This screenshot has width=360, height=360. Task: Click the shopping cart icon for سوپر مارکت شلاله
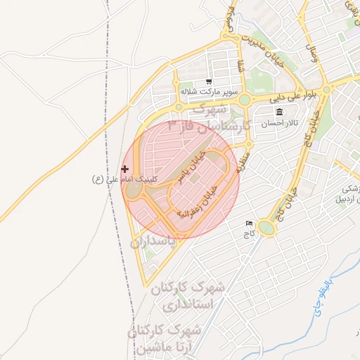pyautogui.click(x=209, y=82)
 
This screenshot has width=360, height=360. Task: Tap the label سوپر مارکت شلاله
pyautogui.click(x=209, y=92)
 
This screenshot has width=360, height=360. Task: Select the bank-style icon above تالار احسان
pyautogui.click(x=280, y=112)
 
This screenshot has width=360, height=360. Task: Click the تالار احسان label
pyautogui.click(x=280, y=123)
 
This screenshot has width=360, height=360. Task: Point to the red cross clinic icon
pyautogui.click(x=125, y=169)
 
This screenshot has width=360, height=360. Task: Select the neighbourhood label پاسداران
pyautogui.click(x=155, y=243)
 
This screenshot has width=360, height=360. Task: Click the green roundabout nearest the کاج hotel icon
pyautogui.click(x=266, y=227)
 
